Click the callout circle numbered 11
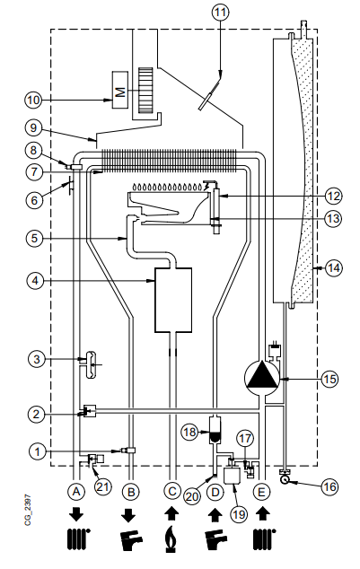tap(220, 13)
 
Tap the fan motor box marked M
tap(120, 90)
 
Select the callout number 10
tap(33, 100)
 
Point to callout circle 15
tap(329, 379)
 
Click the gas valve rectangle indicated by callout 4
tap(173, 300)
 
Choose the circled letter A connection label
tap(76, 492)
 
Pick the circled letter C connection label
tap(172, 492)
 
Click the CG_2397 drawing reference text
tap(28, 510)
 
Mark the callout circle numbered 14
tap(333, 268)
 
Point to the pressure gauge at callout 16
tap(285, 479)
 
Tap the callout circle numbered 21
tap(102, 486)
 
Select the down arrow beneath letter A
tap(76, 514)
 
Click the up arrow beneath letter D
tap(215, 514)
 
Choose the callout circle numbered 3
tap(37, 359)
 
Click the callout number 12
tap(333, 197)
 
